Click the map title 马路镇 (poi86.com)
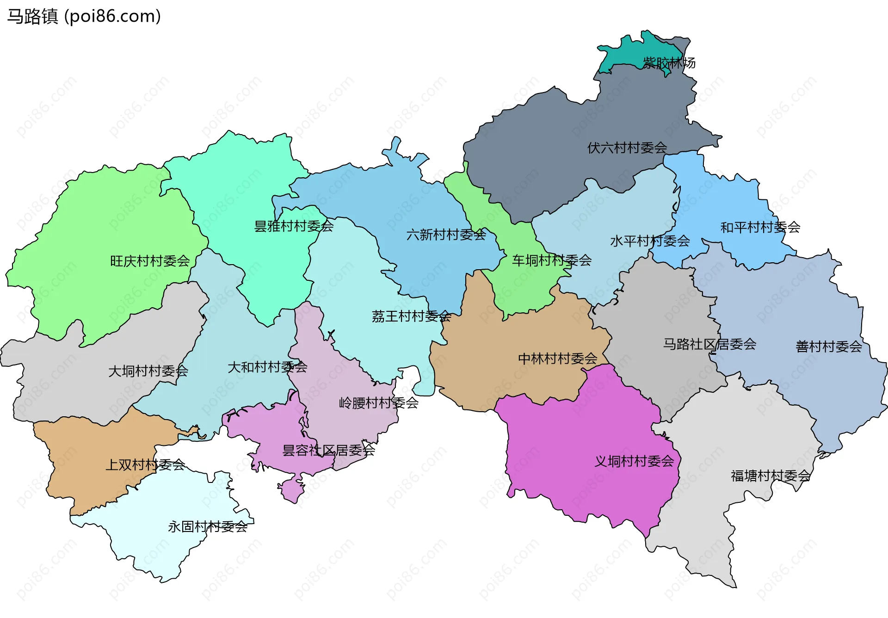pos(84,17)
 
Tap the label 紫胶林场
pos(669,63)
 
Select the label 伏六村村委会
pos(627,148)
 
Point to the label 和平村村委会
pos(760,227)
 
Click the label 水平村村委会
pos(650,241)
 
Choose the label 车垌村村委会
pos(551,260)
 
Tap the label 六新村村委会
pos(446,235)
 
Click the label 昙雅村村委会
pos(294,226)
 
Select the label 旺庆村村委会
pos(150,261)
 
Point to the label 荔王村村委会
pos(411,316)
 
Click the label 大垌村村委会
pos(148,371)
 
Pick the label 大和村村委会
pos(267,367)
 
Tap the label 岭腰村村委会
pos(378,403)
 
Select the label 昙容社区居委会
pos(328,450)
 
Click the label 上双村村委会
pos(145,465)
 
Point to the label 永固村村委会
pos(208,526)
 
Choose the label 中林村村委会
pos(557,358)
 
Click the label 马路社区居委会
pos(709,344)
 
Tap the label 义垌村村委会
pos(634,461)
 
